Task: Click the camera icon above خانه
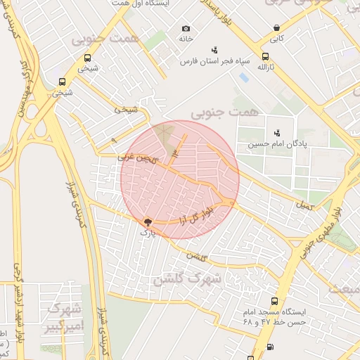point(186,29)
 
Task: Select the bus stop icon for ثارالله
point(265,57)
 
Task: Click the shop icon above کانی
point(277,29)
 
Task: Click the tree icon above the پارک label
point(147,221)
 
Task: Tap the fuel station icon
point(271,347)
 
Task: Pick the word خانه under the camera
point(186,39)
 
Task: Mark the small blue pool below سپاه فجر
point(243,77)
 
